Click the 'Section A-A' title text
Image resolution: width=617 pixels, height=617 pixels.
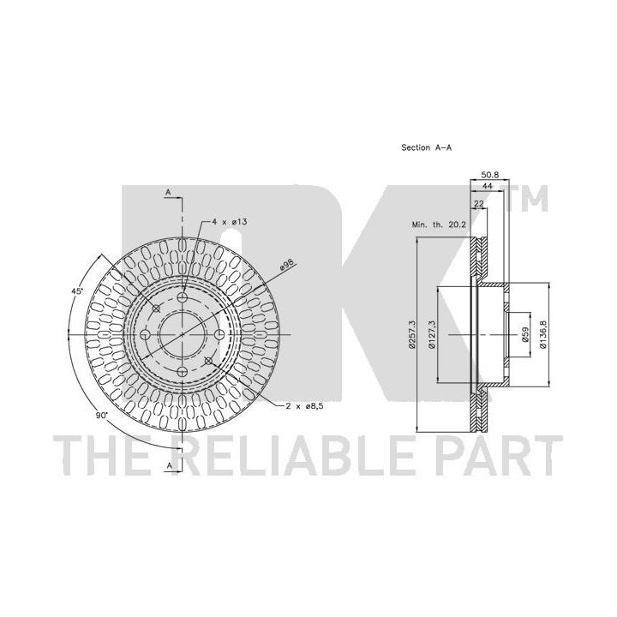point(426,147)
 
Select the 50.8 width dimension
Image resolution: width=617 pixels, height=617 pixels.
point(490,174)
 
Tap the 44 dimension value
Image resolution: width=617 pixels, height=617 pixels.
point(487,186)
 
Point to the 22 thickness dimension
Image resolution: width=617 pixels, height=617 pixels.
point(478,203)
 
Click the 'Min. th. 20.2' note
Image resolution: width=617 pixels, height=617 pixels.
point(439,225)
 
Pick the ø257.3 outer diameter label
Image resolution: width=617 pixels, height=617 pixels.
point(412,334)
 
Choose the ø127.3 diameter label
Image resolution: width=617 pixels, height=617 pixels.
point(432,334)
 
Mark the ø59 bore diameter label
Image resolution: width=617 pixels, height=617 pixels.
point(524,334)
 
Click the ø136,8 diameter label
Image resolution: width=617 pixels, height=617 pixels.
point(543,334)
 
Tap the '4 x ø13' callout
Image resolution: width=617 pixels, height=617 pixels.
point(229,222)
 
